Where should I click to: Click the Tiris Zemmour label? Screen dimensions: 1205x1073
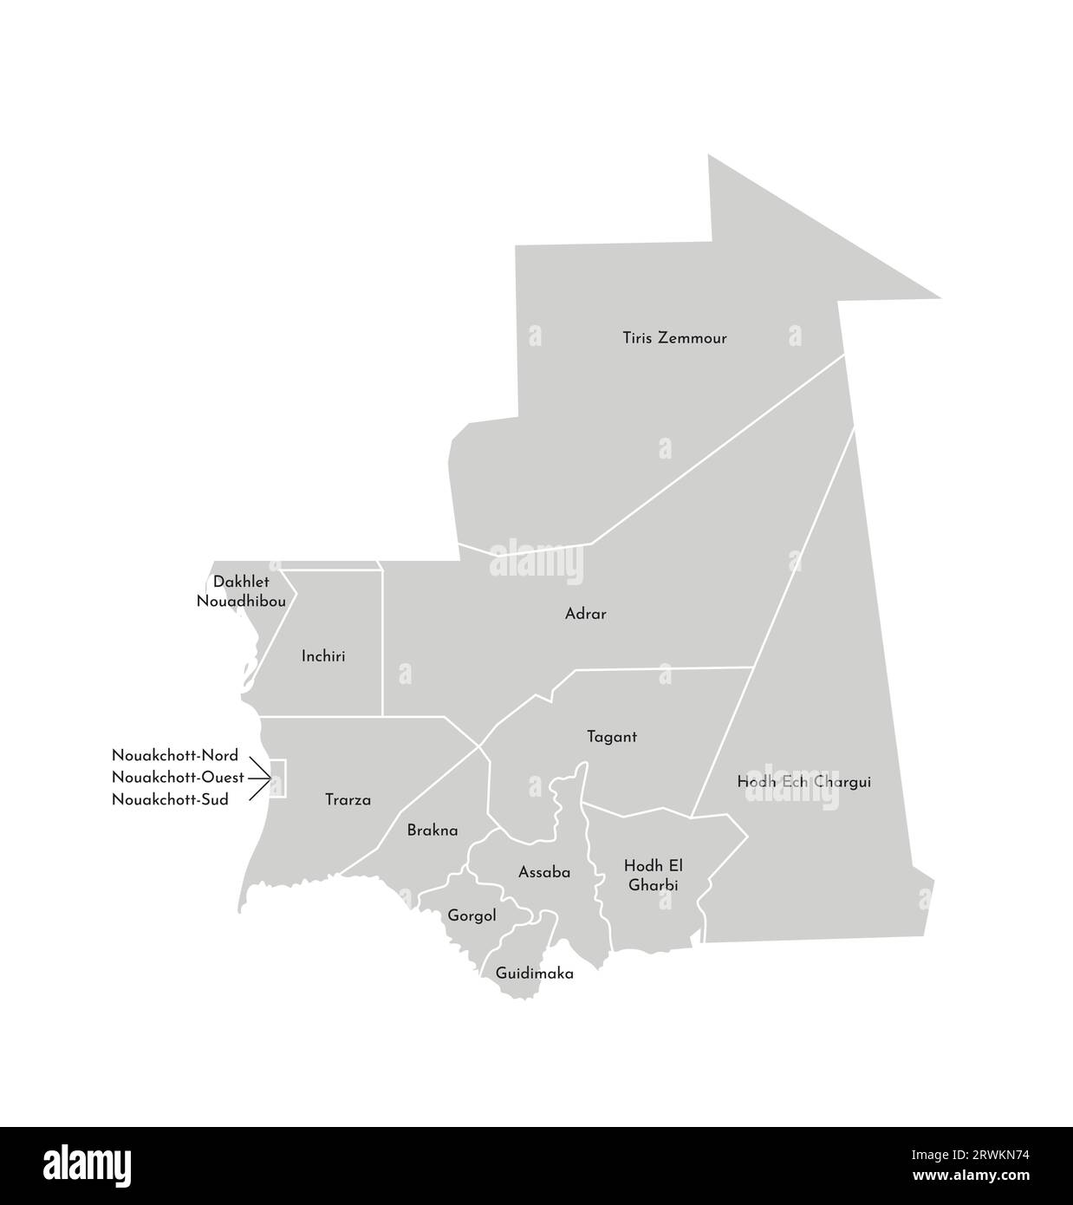pyautogui.click(x=674, y=338)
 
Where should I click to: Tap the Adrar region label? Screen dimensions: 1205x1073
pyautogui.click(x=585, y=614)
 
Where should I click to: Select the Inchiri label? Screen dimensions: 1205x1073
pyautogui.click(x=323, y=656)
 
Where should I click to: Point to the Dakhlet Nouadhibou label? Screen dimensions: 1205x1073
pyautogui.click(x=241, y=590)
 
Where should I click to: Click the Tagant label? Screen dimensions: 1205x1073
pyautogui.click(x=611, y=737)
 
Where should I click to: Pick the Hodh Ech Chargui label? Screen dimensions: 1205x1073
pyautogui.click(x=803, y=782)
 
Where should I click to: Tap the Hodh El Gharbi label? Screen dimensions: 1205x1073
pyautogui.click(x=651, y=875)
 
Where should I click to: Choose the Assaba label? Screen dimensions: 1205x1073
pyautogui.click(x=544, y=872)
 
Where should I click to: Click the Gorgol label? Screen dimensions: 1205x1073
pyautogui.click(x=471, y=915)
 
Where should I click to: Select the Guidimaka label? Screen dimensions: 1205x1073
pyautogui.click(x=534, y=974)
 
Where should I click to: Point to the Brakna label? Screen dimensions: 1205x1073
pyautogui.click(x=432, y=830)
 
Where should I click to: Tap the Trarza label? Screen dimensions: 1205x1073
pyautogui.click(x=348, y=799)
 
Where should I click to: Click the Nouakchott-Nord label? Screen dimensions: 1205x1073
pyautogui.click(x=174, y=756)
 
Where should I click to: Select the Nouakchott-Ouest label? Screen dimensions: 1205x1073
pyautogui.click(x=178, y=778)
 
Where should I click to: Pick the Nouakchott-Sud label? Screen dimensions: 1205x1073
pyautogui.click(x=170, y=799)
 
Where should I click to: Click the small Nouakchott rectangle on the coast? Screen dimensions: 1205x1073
pyautogui.click(x=278, y=778)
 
